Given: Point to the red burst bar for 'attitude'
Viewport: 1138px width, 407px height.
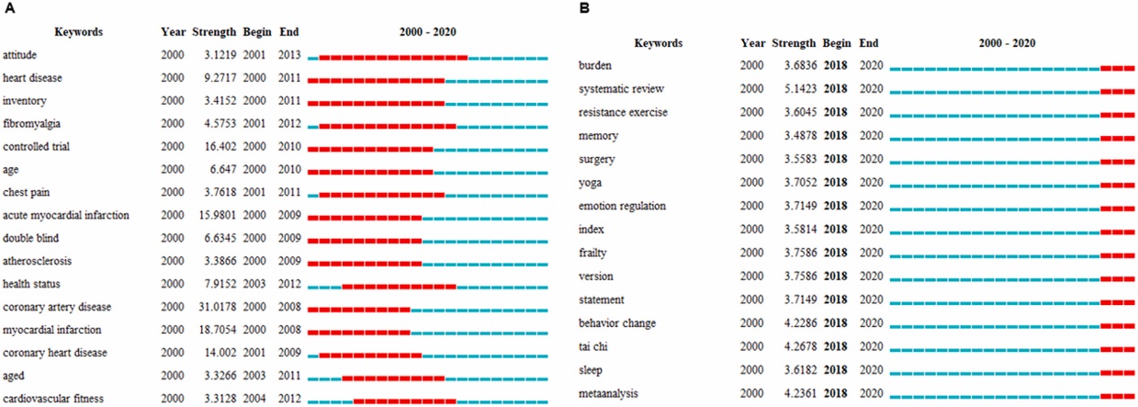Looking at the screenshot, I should click(392, 57).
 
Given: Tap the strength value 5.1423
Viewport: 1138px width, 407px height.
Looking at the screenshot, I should click(794, 89).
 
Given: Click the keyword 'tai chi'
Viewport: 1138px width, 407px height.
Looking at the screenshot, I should click(593, 346).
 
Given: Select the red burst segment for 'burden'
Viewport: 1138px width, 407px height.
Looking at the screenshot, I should click(1117, 68).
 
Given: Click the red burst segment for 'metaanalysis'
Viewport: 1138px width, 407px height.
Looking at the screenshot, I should click(1117, 396).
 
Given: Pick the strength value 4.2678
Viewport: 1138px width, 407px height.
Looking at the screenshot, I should click(794, 346).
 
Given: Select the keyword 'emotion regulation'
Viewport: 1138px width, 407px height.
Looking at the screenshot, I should click(622, 206).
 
